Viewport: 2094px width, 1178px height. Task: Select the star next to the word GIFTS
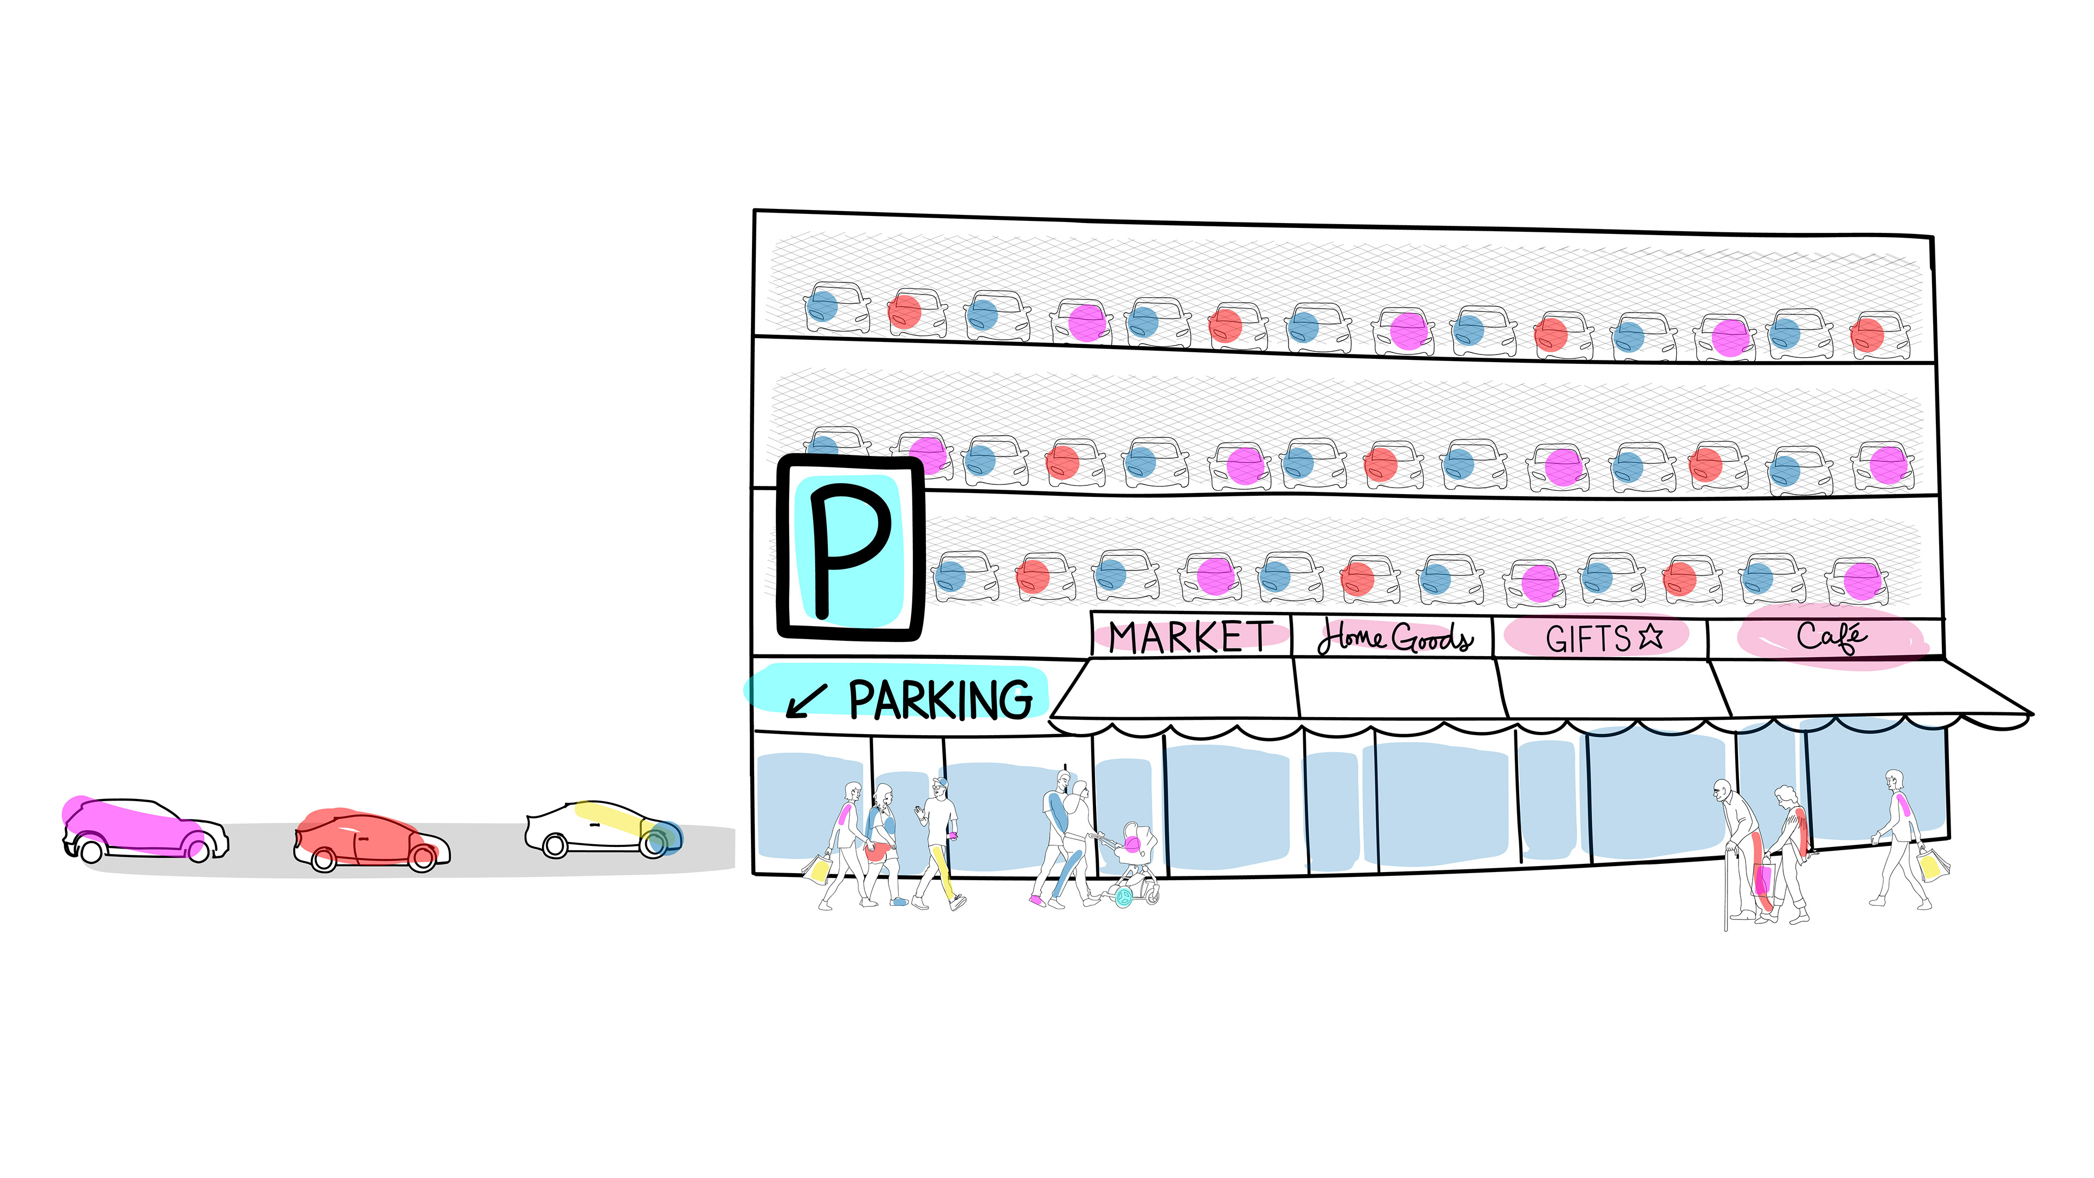click(x=1650, y=636)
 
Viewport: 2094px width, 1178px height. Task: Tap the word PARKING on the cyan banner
click(x=941, y=700)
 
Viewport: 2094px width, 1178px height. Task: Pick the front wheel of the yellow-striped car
click(x=654, y=845)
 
